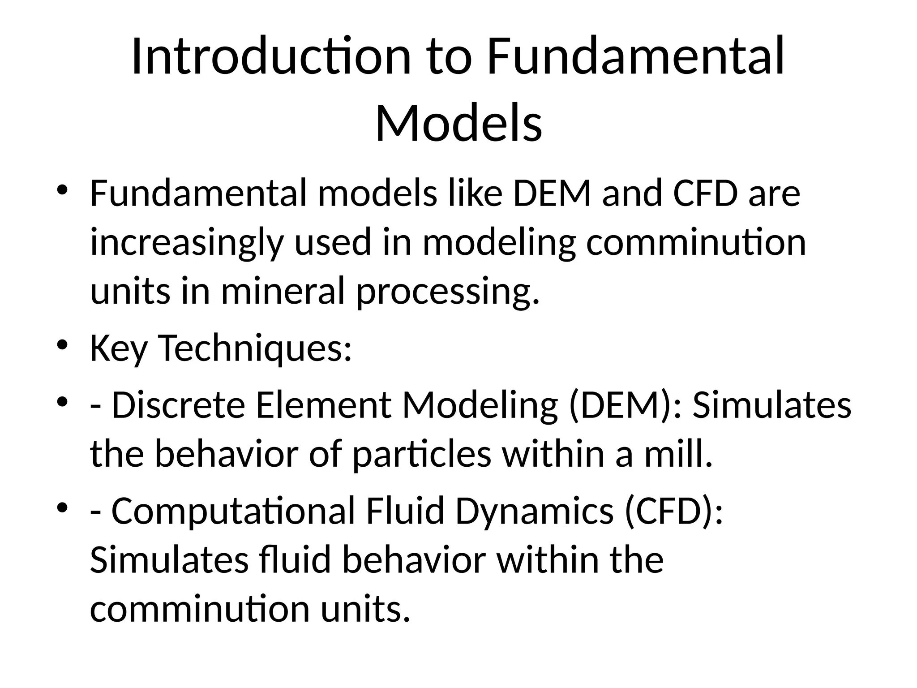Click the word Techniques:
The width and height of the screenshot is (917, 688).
coord(256,348)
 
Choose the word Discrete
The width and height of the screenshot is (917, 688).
coord(178,405)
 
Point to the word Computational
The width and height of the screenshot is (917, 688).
coord(233,512)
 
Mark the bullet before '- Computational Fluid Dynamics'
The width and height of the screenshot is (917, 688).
coord(62,508)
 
